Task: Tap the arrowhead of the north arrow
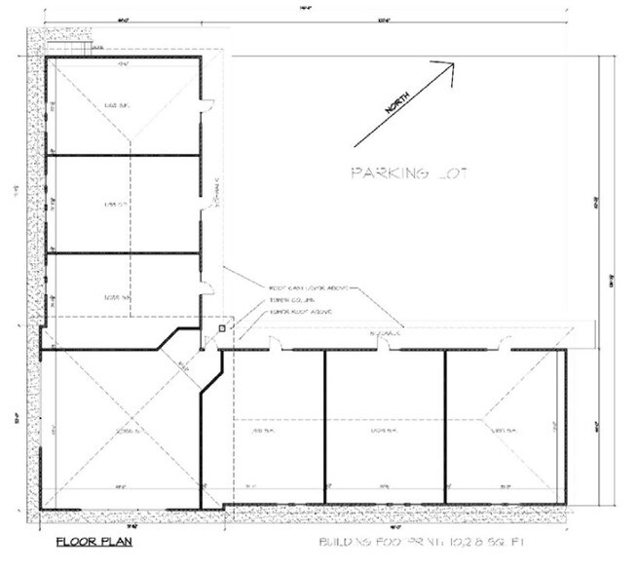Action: point(449,67)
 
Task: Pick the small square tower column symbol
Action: point(224,329)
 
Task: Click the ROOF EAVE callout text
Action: point(310,288)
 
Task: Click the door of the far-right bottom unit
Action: point(505,342)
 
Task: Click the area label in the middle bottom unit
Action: point(383,430)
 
